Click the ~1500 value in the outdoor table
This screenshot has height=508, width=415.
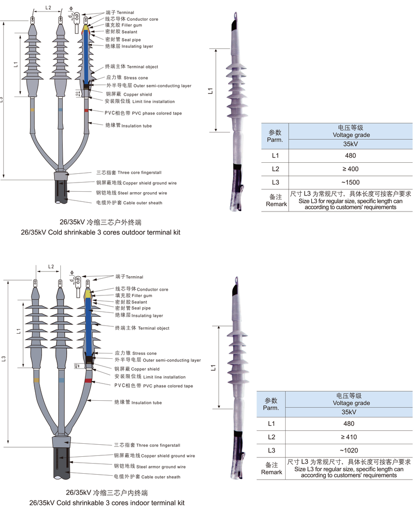350,182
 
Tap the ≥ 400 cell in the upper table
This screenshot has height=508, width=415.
350,169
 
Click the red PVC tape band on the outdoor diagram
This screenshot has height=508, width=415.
86,111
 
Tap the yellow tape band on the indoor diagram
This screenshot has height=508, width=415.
36,381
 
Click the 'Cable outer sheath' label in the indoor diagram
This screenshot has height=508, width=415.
147,477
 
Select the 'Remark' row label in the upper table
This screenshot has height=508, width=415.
277,204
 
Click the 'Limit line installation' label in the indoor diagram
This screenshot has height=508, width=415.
150,377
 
